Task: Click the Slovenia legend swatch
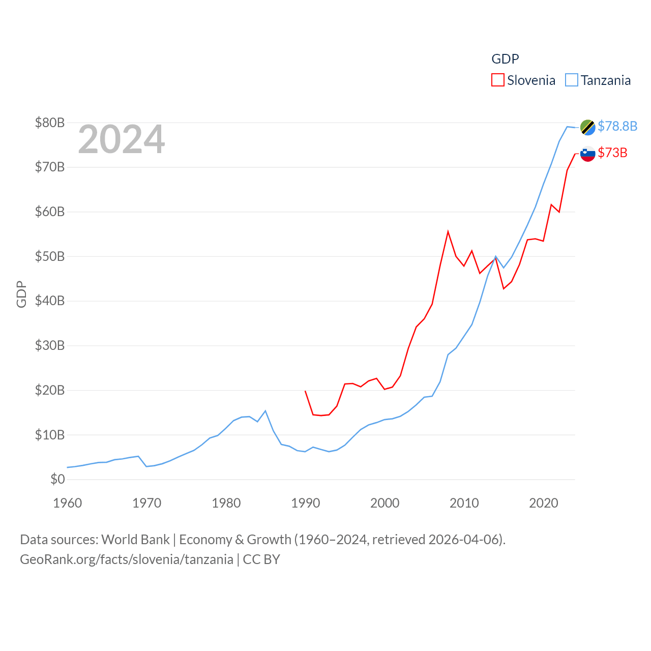(497, 80)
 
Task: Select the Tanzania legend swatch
(572, 80)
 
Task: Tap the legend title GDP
(505, 59)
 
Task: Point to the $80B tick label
(50, 123)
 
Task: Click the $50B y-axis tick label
(50, 256)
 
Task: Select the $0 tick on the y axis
(57, 479)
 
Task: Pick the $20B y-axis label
(50, 390)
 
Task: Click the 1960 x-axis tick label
(68, 503)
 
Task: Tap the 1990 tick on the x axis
(306, 503)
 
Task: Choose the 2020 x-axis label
(544, 503)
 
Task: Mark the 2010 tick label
(464, 503)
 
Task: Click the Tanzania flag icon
(588, 127)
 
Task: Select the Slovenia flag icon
(588, 154)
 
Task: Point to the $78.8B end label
(617, 126)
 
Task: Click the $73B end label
(612, 153)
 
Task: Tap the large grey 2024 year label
(122, 139)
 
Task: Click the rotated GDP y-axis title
(21, 294)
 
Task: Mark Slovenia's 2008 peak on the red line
(448, 231)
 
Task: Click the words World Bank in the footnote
(135, 539)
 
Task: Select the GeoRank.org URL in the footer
(127, 559)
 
